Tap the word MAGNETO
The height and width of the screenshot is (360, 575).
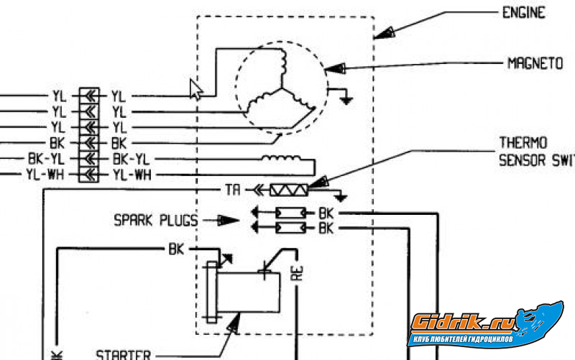coord(535,63)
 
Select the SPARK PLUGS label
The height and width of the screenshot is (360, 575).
coord(154,218)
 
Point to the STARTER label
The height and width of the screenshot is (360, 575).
coord(124,354)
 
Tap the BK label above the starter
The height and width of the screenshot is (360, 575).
coord(176,249)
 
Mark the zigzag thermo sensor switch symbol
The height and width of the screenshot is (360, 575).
coord(288,190)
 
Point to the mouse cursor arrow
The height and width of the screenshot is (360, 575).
coord(195,88)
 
